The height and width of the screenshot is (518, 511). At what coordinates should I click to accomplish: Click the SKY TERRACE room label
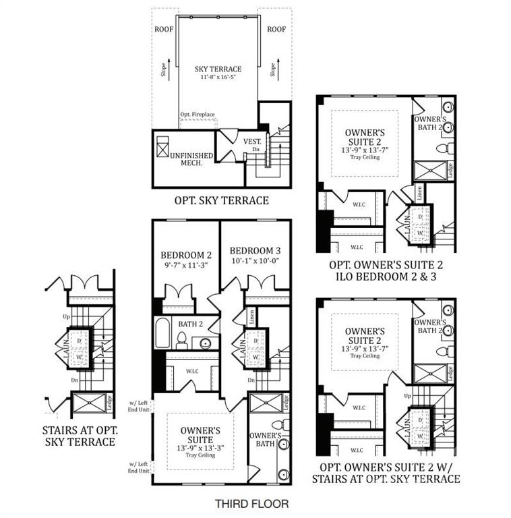coord(218,69)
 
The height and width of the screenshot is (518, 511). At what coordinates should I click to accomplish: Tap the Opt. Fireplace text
coord(198,115)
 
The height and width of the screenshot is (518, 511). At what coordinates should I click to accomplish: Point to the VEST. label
coord(252,142)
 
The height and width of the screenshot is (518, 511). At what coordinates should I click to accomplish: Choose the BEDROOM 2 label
coord(186,255)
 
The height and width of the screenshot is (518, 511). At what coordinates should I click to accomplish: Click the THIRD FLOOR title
coord(252,503)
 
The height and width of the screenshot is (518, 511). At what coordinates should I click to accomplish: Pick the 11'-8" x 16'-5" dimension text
coord(218,78)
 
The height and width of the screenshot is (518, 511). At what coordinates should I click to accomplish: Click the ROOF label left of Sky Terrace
coord(164,29)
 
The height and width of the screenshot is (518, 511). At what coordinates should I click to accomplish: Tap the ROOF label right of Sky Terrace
coord(276,29)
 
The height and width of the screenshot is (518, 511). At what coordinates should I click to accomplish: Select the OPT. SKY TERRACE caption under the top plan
coord(221,200)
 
